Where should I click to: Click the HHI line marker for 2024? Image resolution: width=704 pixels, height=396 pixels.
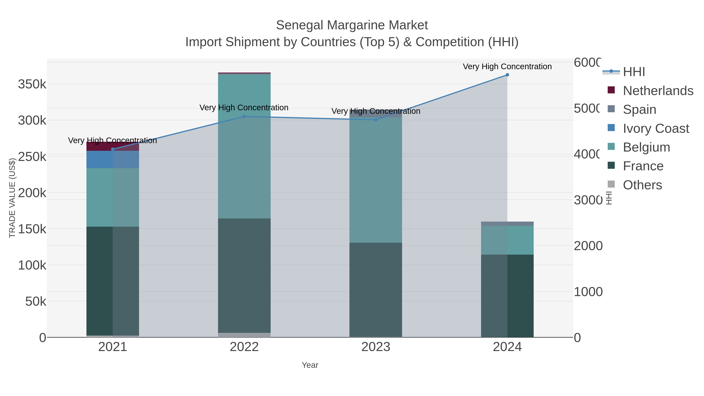click(507, 75)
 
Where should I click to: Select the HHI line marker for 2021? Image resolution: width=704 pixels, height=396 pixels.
click(113, 149)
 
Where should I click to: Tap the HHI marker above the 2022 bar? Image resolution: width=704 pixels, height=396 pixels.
click(244, 116)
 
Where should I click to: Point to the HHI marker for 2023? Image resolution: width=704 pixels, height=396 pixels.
click(376, 120)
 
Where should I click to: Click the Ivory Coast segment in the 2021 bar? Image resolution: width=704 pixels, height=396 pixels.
click(113, 159)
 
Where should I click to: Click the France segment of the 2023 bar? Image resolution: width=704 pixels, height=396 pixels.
click(376, 290)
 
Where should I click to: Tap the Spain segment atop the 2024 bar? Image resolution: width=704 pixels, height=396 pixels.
click(507, 224)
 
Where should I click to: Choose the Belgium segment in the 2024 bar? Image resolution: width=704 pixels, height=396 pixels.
click(507, 240)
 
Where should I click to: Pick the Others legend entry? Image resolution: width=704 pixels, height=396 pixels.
click(642, 185)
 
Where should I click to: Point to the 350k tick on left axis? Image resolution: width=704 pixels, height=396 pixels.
click(32, 84)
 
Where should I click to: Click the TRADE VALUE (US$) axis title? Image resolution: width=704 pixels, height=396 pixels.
click(12, 198)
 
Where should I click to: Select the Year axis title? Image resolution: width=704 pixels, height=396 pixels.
click(310, 365)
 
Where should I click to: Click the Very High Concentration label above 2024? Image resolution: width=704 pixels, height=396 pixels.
click(507, 66)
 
